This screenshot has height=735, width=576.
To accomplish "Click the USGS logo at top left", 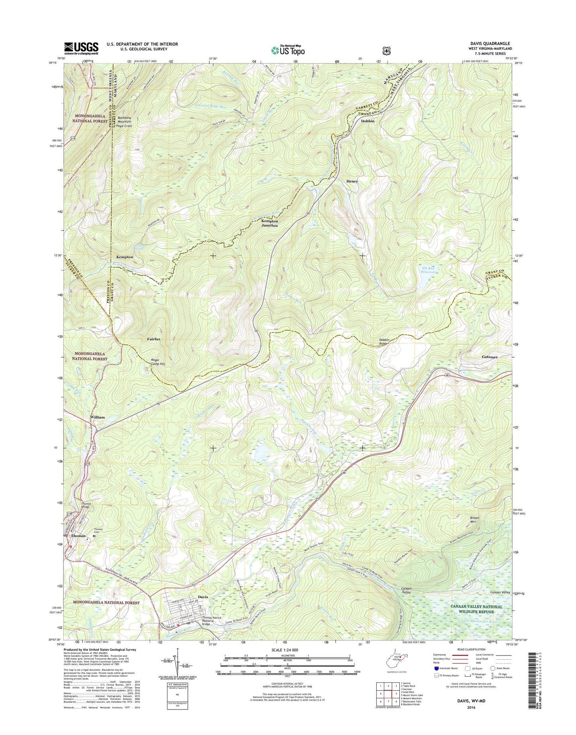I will pyautogui.click(x=81, y=48).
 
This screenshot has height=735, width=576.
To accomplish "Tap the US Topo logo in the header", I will pyautogui.click(x=288, y=50).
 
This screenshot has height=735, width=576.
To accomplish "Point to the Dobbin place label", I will pyautogui.click(x=368, y=121).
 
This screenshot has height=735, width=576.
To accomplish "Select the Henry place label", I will pyautogui.click(x=352, y=181).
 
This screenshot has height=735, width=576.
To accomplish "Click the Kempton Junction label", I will pyautogui.click(x=269, y=223).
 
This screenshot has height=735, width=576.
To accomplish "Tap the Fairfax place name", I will pyautogui.click(x=153, y=339).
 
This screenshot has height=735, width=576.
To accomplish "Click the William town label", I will pyautogui.click(x=97, y=417).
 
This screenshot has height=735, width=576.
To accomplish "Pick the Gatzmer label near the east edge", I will pyautogui.click(x=489, y=357).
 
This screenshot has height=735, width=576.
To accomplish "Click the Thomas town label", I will pyautogui.click(x=78, y=536).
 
